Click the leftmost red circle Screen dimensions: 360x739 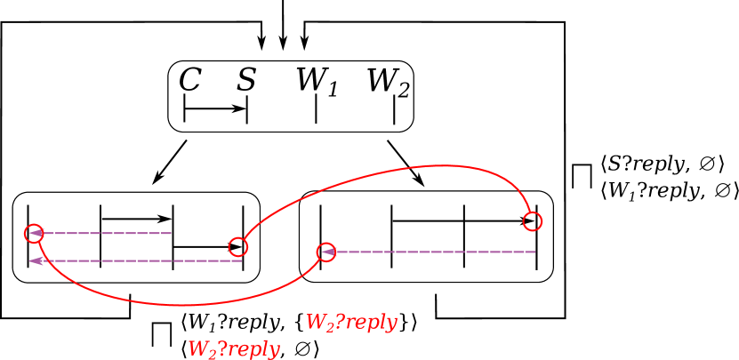34,234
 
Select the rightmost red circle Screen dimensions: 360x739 533,221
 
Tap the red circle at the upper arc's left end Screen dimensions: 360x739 237,247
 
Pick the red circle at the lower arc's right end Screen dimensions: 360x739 326,252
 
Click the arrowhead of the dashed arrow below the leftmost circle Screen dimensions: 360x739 36,260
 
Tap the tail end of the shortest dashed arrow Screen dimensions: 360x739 172,234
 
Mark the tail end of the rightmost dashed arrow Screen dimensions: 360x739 535,252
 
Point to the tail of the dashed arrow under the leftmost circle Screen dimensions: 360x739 242,260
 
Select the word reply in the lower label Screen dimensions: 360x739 253,350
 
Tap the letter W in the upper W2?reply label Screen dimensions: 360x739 315,322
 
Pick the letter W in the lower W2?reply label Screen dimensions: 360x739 197,348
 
